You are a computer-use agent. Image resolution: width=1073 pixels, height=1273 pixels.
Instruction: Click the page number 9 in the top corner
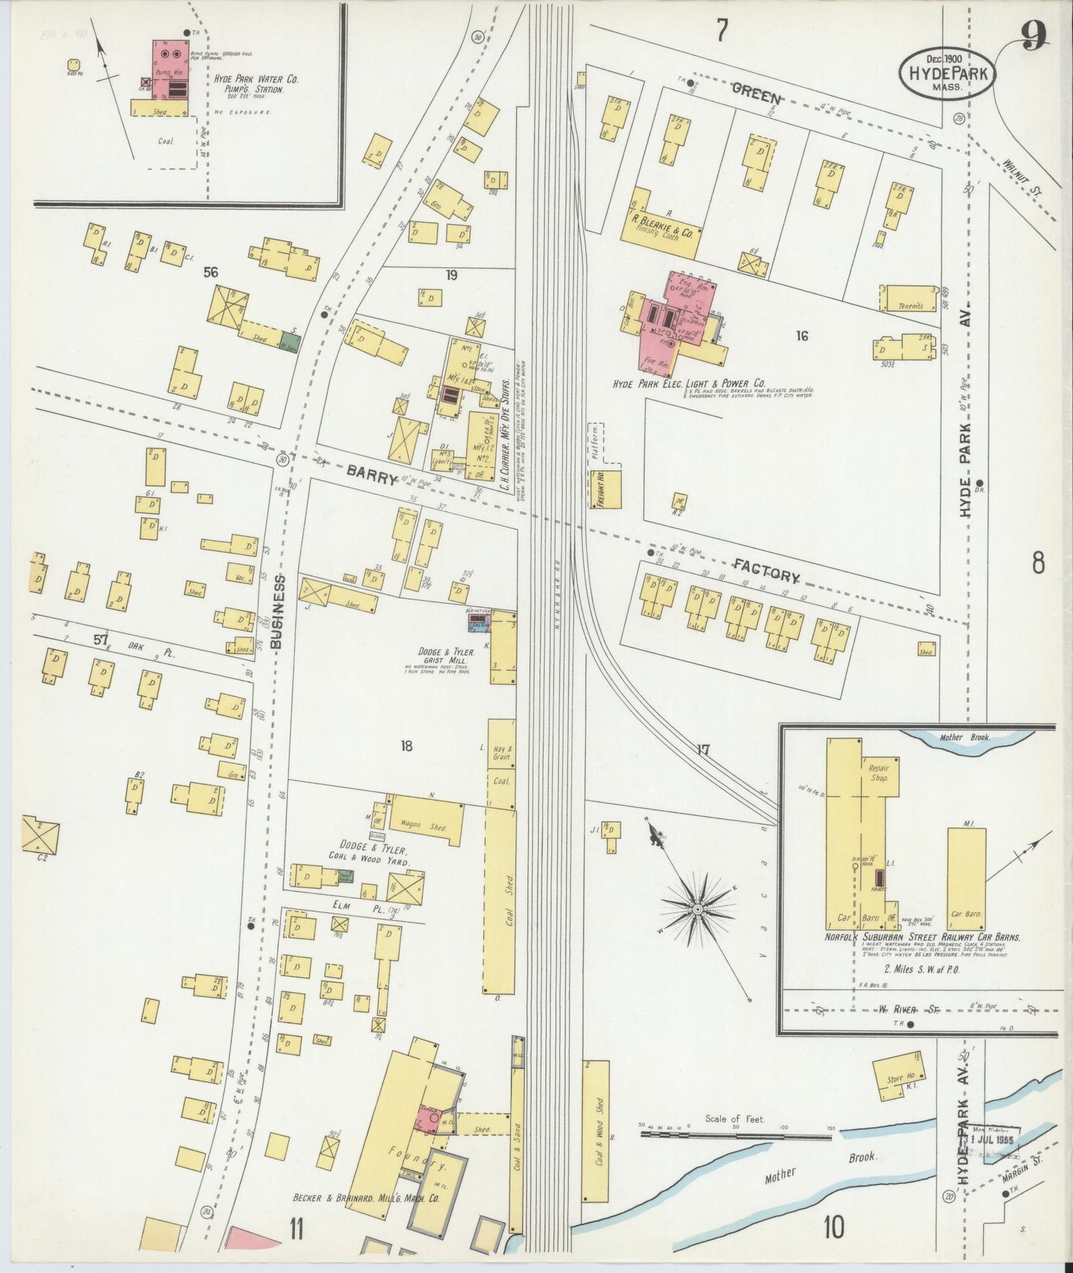pos(1033,36)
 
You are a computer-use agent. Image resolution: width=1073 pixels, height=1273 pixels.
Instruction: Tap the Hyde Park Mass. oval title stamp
pos(948,73)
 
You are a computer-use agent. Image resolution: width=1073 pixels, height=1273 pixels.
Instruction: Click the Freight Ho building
pos(604,489)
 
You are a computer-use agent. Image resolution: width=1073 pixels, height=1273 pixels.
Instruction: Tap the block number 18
pos(405,746)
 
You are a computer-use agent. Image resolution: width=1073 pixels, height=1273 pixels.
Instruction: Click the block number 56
pos(211,273)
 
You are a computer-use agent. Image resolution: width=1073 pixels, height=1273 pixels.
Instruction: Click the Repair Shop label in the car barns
pos(878,772)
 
